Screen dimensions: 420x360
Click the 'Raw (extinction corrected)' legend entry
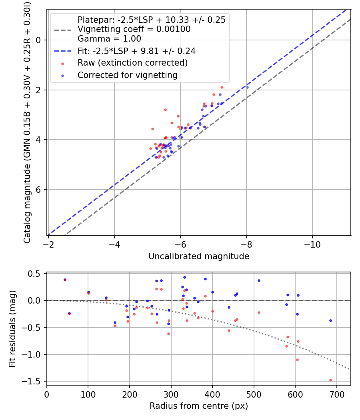[132, 63]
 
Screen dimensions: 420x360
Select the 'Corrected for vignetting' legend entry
[127, 75]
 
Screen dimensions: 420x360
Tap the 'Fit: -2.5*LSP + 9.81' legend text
[136, 51]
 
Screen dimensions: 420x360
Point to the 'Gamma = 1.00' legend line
[109, 39]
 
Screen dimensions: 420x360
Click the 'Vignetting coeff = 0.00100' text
[134, 29]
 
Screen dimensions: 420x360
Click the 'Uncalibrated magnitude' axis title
[199, 256]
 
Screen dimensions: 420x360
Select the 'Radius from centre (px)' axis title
[199, 406]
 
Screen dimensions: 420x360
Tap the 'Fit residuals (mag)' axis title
[12, 328]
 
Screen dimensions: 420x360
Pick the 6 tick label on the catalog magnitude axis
[39, 190]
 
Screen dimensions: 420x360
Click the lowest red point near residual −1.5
[330, 380]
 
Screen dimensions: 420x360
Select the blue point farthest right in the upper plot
[247, 87]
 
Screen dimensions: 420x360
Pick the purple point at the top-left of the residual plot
[65, 280]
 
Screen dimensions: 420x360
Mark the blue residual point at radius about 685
[330, 320]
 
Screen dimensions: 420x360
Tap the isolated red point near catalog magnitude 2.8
[165, 110]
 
